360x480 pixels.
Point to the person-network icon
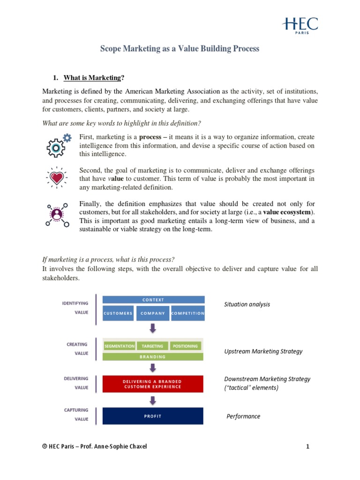[x=57, y=214]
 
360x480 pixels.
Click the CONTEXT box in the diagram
[x=153, y=300]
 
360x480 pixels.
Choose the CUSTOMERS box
[x=118, y=313]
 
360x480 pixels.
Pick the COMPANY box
[x=153, y=313]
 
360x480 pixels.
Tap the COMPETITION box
[x=188, y=313]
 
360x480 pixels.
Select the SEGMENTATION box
[x=120, y=346]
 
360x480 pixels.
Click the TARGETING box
[x=153, y=346]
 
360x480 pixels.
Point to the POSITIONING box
[x=185, y=346]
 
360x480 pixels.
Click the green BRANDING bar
[x=153, y=357]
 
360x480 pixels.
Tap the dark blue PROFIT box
[x=153, y=416]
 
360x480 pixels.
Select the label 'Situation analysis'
[x=247, y=304]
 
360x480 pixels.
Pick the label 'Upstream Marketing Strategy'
[x=263, y=352]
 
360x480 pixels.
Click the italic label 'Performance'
[x=243, y=416]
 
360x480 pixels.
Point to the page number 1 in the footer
[x=308, y=447]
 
